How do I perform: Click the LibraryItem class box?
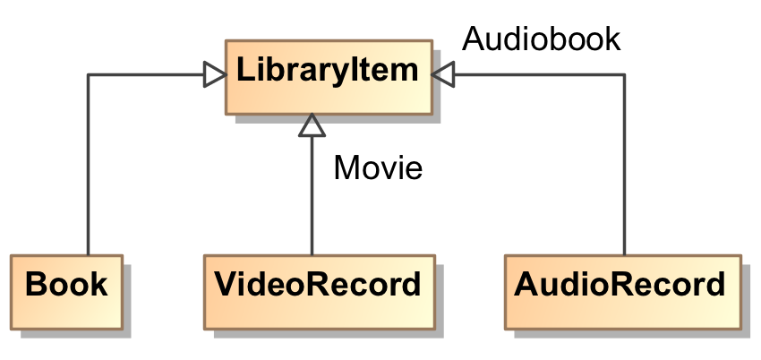(x=328, y=75)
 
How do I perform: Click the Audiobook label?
(x=541, y=39)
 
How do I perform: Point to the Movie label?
(x=377, y=167)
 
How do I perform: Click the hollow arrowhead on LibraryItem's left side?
(x=213, y=74)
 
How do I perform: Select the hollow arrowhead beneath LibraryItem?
(x=312, y=126)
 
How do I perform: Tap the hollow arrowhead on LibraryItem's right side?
(x=443, y=74)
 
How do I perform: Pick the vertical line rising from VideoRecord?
(x=312, y=197)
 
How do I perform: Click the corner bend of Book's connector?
(x=88, y=74)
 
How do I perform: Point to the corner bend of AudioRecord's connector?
(x=623, y=74)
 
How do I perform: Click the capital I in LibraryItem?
(x=357, y=71)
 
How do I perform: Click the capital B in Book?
(x=36, y=285)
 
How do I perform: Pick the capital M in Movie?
(x=346, y=167)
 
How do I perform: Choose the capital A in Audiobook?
(x=473, y=39)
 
